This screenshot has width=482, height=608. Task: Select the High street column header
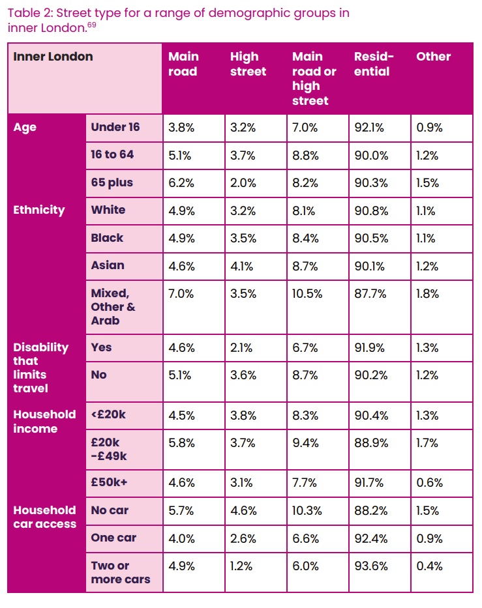coord(248,64)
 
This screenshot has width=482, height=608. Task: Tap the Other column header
coord(433,57)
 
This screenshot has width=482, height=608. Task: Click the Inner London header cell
coord(53,57)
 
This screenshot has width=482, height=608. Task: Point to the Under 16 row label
coord(115,128)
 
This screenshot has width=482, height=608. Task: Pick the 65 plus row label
coord(112,183)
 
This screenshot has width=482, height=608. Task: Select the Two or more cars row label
coord(120,573)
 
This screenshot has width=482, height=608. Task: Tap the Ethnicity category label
coord(39,210)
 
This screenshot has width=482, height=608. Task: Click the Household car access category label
coord(44,517)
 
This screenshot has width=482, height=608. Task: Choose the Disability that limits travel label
coord(40,368)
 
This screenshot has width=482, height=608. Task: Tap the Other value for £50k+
coord(430,483)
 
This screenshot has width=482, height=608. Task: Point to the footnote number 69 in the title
coord(92,25)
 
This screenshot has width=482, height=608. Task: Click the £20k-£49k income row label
coord(108,449)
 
